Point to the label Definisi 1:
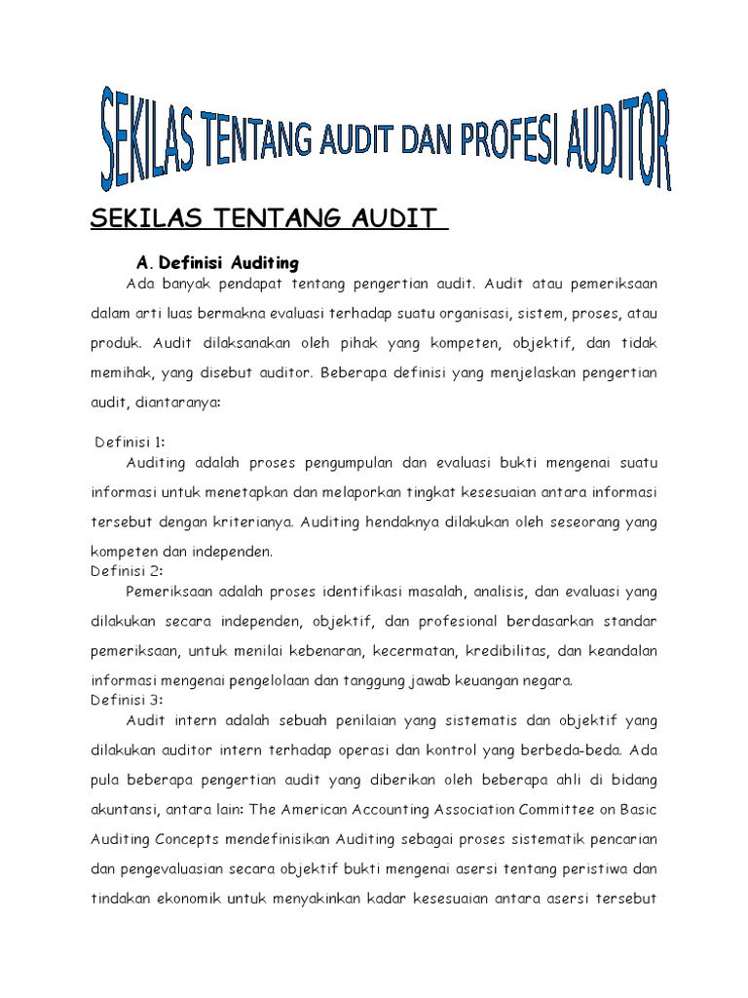[131, 441]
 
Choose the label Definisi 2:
[127, 570]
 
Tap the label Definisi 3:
[127, 699]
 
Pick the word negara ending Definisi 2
[549, 679]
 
